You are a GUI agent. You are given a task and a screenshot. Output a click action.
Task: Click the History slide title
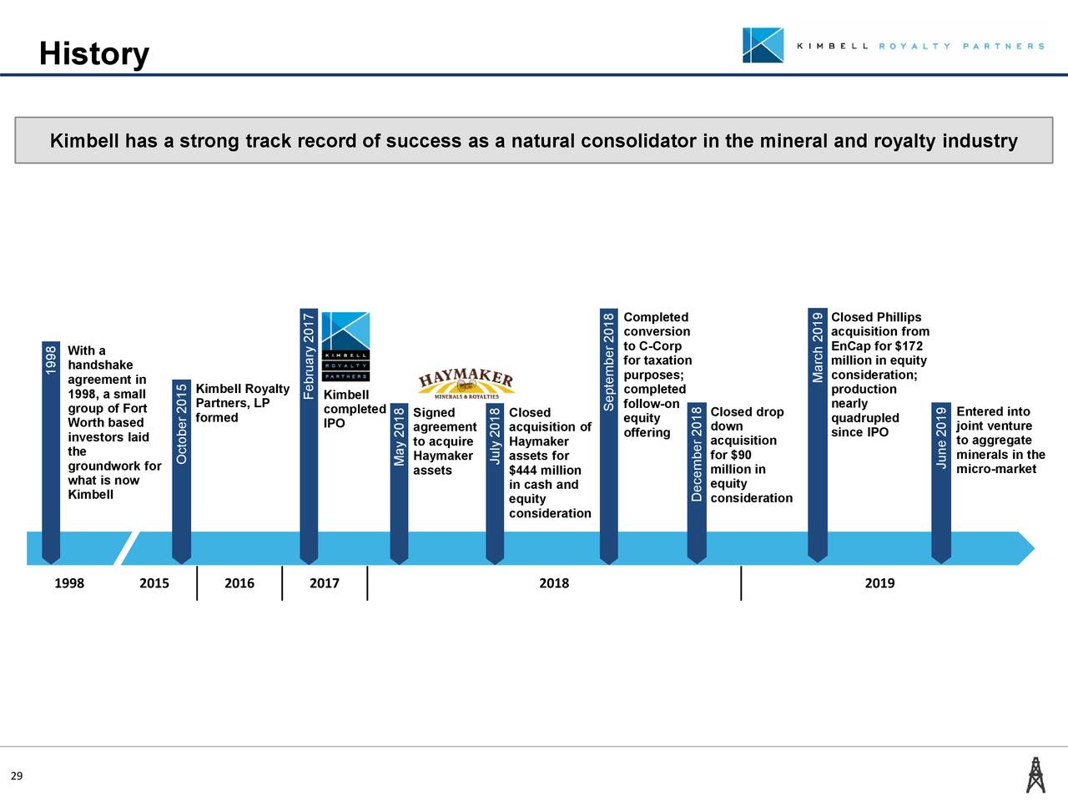93,54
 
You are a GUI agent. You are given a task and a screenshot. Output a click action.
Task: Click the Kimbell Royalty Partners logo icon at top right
763,45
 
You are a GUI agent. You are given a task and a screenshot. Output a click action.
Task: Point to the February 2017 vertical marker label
309,355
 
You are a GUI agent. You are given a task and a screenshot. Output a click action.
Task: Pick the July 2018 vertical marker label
495,436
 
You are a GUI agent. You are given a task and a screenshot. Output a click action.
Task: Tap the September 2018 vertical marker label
608,362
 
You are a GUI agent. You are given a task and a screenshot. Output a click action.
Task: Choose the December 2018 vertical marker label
697,455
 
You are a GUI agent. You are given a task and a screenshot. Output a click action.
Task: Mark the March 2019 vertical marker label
817,347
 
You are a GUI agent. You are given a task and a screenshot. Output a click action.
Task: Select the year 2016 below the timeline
239,583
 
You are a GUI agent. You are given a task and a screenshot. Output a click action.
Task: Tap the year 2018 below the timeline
554,583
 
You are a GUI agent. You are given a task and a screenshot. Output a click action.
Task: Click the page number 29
17,777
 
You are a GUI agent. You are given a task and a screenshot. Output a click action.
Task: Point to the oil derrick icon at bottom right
1035,774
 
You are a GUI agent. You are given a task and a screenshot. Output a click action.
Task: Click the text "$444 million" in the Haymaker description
545,471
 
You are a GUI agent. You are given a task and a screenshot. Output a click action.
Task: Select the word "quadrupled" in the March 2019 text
865,418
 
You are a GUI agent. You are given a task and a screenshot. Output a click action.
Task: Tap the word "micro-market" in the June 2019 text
996,469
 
